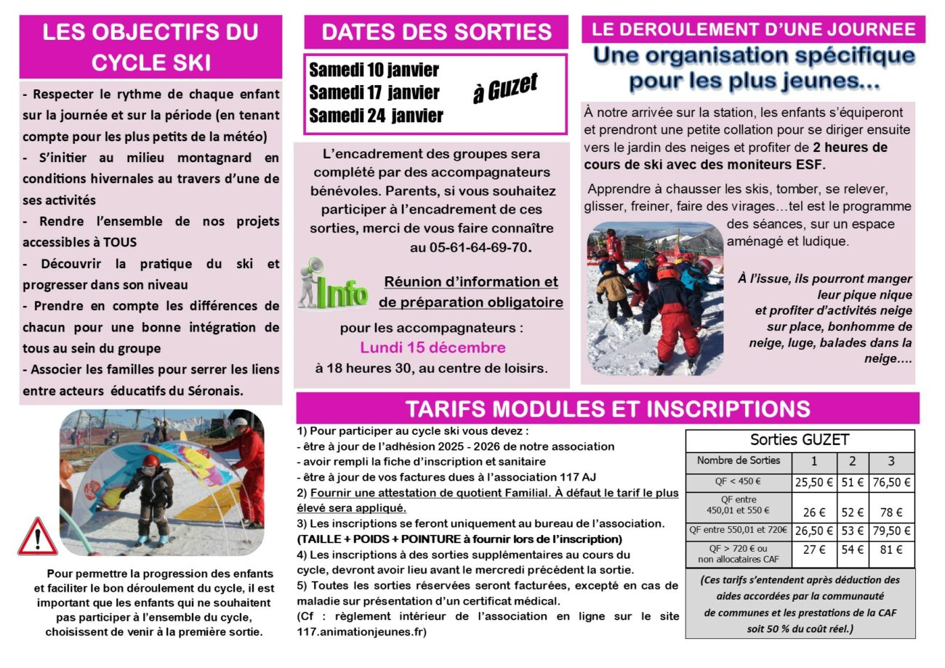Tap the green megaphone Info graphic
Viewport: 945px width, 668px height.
333,285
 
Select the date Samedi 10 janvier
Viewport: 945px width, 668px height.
374,71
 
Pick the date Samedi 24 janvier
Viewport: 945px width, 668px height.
375,116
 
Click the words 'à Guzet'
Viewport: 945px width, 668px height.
504,89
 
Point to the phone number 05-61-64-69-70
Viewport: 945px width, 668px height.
470,247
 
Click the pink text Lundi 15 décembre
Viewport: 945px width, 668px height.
433,347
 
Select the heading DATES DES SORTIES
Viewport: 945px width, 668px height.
436,32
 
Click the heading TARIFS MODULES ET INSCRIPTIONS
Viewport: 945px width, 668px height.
608,409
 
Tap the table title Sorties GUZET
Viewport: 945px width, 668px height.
800,440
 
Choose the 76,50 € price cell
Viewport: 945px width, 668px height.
891,482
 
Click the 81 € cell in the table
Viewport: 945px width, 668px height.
891,550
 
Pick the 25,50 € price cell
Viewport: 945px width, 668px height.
813,482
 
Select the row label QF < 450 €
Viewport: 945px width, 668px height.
737,482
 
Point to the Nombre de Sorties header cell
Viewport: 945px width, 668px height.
738,460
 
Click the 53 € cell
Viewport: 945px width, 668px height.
853,531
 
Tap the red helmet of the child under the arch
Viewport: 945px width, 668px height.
150,461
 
